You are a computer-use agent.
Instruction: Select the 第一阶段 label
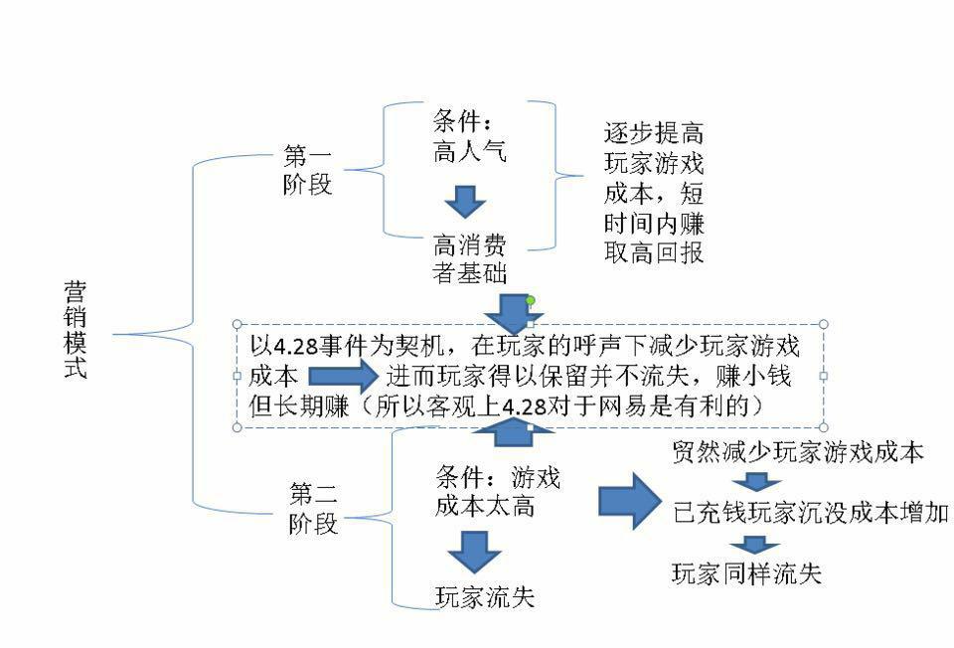[308, 170]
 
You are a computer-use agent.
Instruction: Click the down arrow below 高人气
[464, 201]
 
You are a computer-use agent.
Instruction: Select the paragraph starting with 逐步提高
[654, 193]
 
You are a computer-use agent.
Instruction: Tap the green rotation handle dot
[531, 300]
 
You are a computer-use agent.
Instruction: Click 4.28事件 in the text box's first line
[313, 346]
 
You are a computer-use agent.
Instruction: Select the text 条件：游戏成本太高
[497, 491]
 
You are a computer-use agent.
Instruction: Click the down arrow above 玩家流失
[473, 550]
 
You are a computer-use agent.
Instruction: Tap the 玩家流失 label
[485, 596]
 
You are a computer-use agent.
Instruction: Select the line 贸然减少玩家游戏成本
[798, 453]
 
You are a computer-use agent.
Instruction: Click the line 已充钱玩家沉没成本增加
[810, 513]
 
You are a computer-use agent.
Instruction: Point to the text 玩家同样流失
[747, 573]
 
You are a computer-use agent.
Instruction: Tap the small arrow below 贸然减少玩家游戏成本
[757, 483]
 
